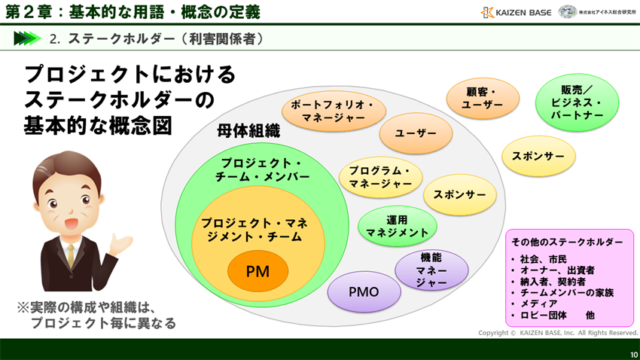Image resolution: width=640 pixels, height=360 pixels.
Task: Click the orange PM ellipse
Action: (x=258, y=271)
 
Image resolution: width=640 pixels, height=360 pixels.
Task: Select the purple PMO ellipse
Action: (x=364, y=291)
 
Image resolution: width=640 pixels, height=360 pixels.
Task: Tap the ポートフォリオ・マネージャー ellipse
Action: (x=334, y=111)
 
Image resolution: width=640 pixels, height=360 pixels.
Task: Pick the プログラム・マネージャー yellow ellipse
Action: (x=380, y=177)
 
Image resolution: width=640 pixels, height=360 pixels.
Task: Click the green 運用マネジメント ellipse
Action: (x=397, y=226)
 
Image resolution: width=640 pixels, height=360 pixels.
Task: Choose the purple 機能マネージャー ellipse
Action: (x=431, y=270)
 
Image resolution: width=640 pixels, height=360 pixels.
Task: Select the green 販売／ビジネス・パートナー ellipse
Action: (x=577, y=102)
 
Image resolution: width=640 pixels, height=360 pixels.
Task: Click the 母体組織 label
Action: (x=248, y=130)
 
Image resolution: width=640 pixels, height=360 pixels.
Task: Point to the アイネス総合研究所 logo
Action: (x=597, y=12)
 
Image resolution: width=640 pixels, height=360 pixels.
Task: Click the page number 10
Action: (x=633, y=354)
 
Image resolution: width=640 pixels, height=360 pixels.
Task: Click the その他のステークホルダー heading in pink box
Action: (x=567, y=242)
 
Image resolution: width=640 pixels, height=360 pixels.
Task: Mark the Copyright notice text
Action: (x=557, y=332)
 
